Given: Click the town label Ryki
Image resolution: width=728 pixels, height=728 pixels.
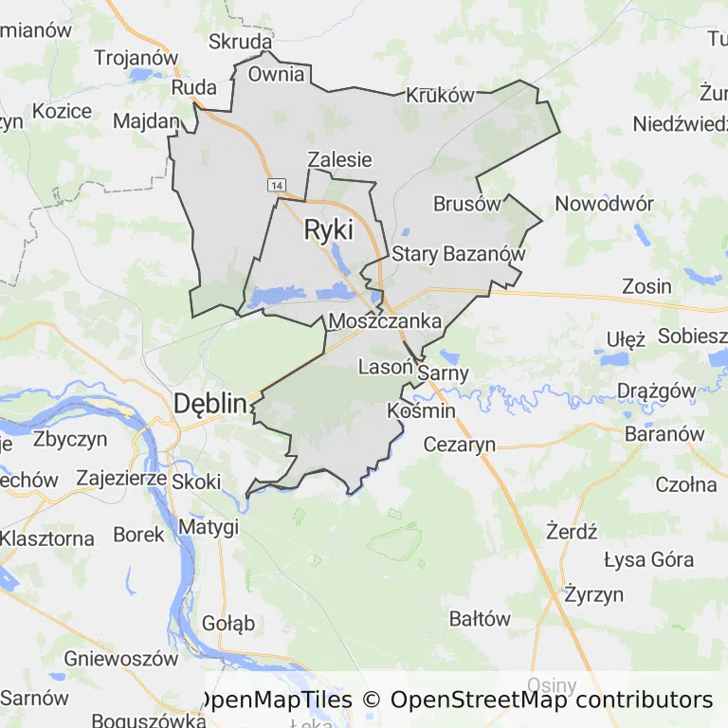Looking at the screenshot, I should pyautogui.click(x=328, y=229).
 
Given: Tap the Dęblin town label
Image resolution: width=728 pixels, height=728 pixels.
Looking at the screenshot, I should pyautogui.click(x=210, y=405).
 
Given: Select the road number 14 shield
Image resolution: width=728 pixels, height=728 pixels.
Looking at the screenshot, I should pyautogui.click(x=276, y=183).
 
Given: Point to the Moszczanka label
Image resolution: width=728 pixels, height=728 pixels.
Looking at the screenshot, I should pyautogui.click(x=385, y=321).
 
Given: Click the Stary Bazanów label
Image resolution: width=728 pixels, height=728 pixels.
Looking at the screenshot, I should pyautogui.click(x=458, y=254).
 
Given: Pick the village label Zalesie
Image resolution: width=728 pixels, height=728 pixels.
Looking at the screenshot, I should pyautogui.click(x=339, y=160).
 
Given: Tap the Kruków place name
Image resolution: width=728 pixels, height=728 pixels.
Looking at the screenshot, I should pyautogui.click(x=439, y=96).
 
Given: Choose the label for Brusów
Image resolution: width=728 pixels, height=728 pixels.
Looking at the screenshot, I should pyautogui.click(x=466, y=204).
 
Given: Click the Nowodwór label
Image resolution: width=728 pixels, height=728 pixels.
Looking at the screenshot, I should pyautogui.click(x=605, y=204).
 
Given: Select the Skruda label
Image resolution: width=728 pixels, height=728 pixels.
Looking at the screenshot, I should pyautogui.click(x=241, y=43).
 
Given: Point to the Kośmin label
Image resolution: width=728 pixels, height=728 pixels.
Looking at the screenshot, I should pyautogui.click(x=422, y=411).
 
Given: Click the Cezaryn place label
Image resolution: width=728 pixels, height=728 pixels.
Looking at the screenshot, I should pyautogui.click(x=460, y=444).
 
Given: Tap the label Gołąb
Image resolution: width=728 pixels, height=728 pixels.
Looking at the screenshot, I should pyautogui.click(x=228, y=624).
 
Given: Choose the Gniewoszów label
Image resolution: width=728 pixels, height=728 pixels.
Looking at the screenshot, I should pyautogui.click(x=121, y=658).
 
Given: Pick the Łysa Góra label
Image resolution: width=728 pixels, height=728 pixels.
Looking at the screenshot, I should pyautogui.click(x=649, y=559).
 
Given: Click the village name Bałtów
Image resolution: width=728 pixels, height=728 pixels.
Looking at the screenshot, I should pyautogui.click(x=480, y=620).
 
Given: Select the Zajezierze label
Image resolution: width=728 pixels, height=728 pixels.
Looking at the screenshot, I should pyautogui.click(x=122, y=479).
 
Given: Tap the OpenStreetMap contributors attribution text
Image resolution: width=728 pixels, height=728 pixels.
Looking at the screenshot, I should pyautogui.click(x=552, y=701).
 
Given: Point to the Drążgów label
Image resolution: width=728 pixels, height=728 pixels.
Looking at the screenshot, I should pyautogui.click(x=656, y=391).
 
